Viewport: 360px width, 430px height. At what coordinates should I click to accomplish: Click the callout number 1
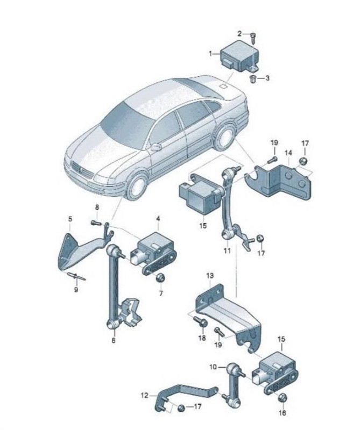tap(211, 54)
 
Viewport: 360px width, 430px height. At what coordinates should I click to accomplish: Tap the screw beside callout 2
tap(253, 38)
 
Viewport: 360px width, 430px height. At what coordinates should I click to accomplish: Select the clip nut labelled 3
tap(253, 78)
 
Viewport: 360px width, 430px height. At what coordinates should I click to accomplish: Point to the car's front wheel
tap(137, 187)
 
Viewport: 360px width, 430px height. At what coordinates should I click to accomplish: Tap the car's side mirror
tap(156, 147)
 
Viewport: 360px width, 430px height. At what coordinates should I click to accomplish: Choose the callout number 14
tap(288, 153)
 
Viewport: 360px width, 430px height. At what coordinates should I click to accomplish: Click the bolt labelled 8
tap(95, 223)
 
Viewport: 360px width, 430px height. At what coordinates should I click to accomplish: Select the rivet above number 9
tap(76, 276)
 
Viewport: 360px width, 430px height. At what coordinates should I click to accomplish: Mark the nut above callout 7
tap(160, 278)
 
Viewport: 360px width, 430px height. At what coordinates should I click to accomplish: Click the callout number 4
tap(158, 219)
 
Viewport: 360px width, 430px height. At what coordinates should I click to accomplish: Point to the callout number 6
tap(114, 340)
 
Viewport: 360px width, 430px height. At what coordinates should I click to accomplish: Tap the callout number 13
tap(210, 275)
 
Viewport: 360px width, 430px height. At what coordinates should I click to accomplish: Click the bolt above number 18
tap(200, 321)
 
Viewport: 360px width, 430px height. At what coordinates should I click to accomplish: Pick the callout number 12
tap(144, 395)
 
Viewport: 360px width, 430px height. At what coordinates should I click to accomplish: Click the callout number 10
tap(213, 367)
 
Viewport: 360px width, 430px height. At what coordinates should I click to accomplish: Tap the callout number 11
tap(227, 251)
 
